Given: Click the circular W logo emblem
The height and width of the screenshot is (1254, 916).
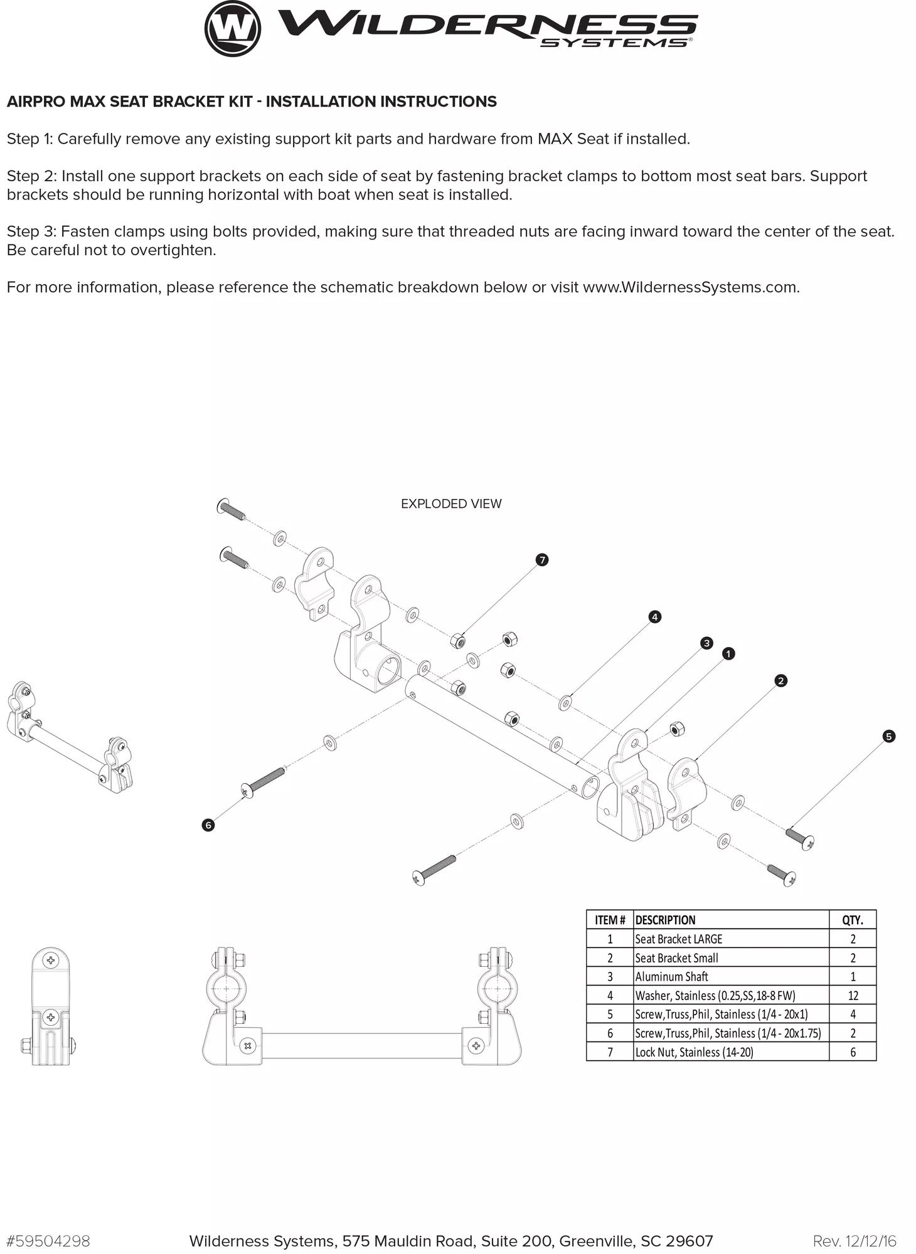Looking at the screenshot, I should [x=233, y=28].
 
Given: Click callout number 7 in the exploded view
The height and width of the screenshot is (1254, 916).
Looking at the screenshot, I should [x=542, y=559].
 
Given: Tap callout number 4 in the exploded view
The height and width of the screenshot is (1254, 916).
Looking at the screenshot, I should [x=654, y=617].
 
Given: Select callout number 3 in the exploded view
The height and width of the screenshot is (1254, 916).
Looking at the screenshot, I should [x=706, y=643].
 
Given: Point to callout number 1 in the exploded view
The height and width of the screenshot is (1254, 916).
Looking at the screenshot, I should [x=728, y=653].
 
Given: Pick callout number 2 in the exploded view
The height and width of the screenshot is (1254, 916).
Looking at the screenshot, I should [x=780, y=680].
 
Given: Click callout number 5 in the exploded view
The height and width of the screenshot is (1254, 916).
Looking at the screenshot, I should [x=888, y=736].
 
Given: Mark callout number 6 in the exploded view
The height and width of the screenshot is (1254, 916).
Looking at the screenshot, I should [x=208, y=825].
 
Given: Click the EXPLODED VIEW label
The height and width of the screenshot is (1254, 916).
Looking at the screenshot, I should [x=451, y=503].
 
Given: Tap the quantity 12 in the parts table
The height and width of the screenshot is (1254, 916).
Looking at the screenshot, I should [x=853, y=995].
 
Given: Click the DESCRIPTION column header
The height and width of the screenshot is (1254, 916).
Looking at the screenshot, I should [x=665, y=920].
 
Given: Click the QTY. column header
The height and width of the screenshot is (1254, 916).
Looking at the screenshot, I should [x=853, y=920].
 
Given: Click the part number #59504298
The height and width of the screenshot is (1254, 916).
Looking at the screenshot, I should [x=48, y=1241].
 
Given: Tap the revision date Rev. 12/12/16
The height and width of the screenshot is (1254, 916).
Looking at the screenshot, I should [x=855, y=1241].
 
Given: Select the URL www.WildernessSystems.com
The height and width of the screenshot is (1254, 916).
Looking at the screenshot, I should [x=690, y=287].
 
